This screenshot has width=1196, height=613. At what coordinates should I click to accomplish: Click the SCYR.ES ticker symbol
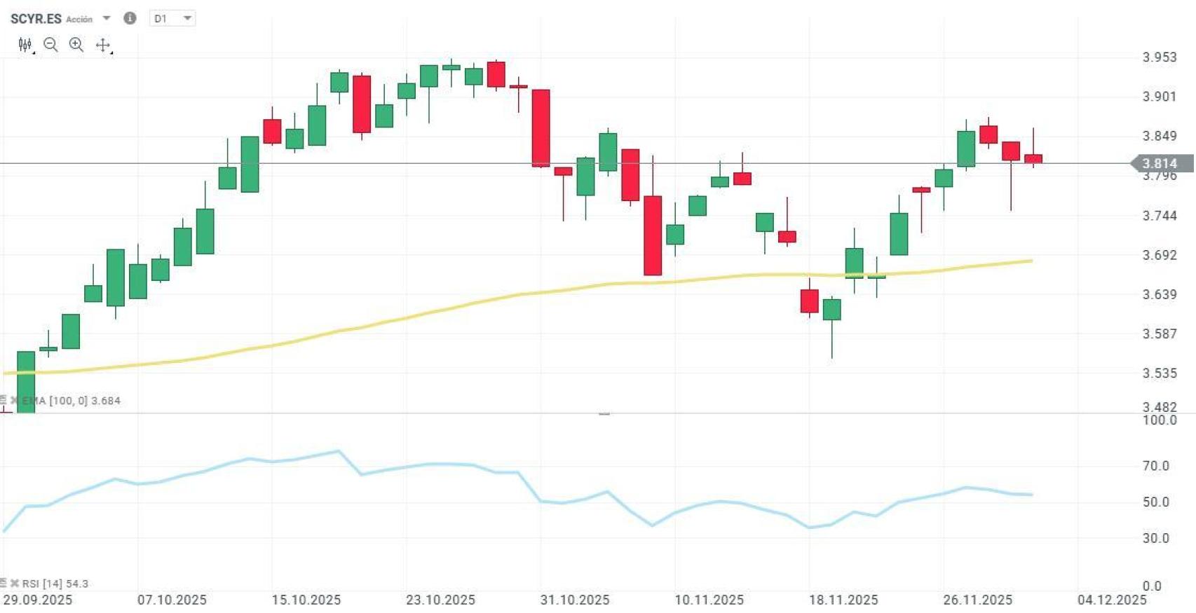coord(36,19)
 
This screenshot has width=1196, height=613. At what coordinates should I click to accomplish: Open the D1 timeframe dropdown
coord(172,19)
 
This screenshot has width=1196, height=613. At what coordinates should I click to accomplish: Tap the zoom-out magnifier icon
coord(50,46)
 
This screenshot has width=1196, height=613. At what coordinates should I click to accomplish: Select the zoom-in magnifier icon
coord(76,46)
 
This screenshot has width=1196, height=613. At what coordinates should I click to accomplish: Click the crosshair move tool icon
coord(103,46)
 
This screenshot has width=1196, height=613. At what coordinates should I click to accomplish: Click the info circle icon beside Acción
coord(130,18)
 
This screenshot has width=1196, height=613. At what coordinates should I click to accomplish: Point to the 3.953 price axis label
coord(1160,57)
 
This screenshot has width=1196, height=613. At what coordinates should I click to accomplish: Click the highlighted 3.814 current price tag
coord(1161,164)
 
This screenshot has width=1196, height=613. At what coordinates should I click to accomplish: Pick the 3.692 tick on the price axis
coord(1160,255)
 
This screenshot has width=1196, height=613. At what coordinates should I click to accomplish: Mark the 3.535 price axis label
coord(1160,373)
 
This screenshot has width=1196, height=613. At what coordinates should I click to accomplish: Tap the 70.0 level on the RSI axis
coord(1155,466)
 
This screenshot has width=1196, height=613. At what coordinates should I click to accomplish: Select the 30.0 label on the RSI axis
coord(1155,539)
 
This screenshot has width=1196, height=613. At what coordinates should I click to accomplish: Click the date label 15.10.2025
coord(306,600)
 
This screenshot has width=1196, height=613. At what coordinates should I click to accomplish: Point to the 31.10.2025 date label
coord(575,600)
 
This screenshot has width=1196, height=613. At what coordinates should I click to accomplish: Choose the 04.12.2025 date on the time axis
coord(1112,600)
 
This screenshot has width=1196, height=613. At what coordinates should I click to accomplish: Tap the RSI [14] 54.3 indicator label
coord(55,584)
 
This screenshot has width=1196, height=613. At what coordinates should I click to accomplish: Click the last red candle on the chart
coord(1033,159)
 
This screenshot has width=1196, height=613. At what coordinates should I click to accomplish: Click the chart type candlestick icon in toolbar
coord(25,46)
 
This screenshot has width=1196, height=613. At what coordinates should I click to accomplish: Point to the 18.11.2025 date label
coord(843,600)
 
